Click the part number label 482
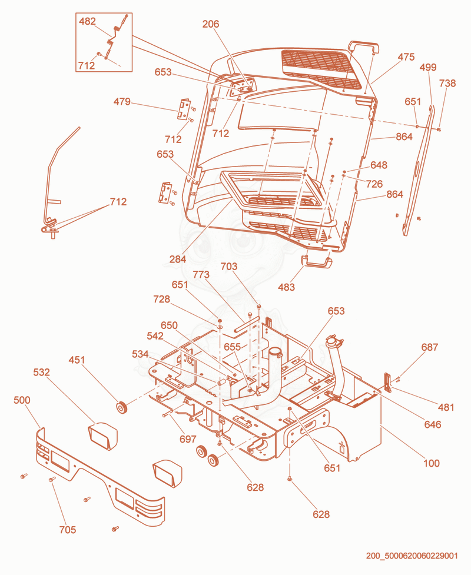click(87, 21)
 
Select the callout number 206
click(211, 24)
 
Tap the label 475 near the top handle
click(406, 57)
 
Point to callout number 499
click(427, 67)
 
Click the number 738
click(447, 83)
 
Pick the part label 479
click(122, 101)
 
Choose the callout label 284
click(178, 260)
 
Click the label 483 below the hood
click(286, 287)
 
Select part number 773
click(201, 274)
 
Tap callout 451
click(77, 360)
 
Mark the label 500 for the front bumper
click(22, 400)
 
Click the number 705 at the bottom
click(68, 530)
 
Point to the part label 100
click(431, 464)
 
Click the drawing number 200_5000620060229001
click(412, 556)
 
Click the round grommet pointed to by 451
click(121, 407)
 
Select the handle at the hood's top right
click(363, 47)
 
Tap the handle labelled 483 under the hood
click(317, 262)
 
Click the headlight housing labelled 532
click(102, 436)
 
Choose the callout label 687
click(430, 347)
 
